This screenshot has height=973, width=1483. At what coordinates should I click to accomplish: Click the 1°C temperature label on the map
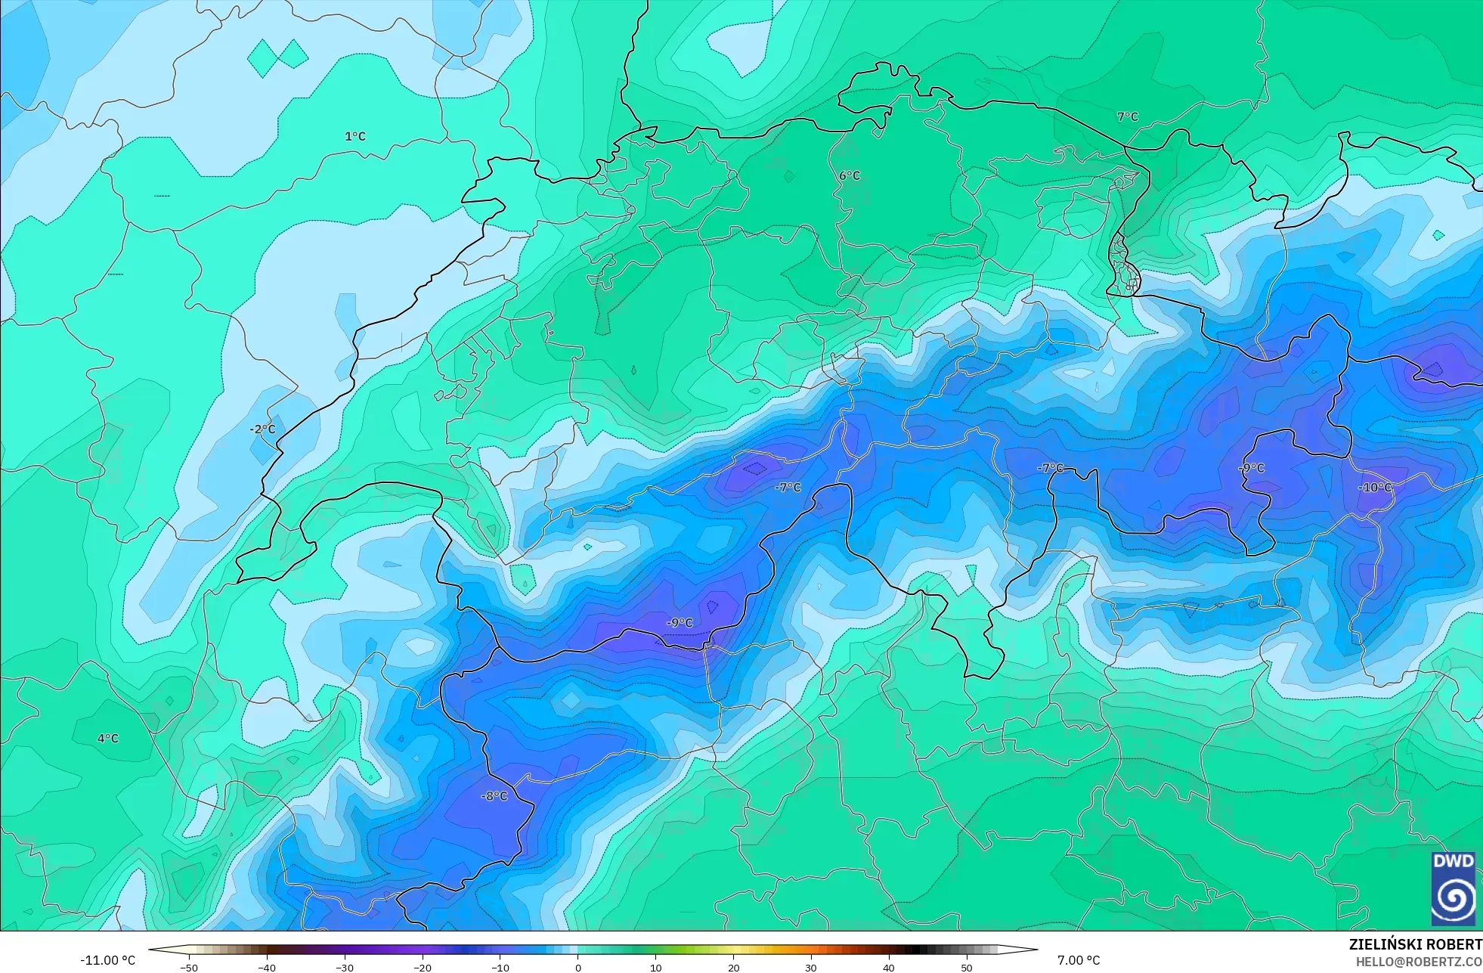[x=355, y=137]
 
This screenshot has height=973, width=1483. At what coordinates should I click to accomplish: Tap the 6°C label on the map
[x=850, y=175]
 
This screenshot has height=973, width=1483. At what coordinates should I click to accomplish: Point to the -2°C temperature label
[x=262, y=429]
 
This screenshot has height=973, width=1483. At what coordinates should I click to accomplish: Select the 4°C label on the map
[x=108, y=739]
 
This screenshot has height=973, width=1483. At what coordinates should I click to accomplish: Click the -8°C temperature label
[x=494, y=796]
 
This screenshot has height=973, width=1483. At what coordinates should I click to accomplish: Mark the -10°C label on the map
[x=1375, y=488]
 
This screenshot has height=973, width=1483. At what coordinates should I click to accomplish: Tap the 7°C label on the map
[x=1128, y=117]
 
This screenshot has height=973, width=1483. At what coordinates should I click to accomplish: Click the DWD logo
[x=1453, y=888]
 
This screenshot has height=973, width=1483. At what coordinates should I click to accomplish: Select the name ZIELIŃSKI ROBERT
[x=1415, y=945]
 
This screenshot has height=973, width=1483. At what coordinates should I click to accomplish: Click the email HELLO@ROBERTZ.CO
[x=1418, y=962]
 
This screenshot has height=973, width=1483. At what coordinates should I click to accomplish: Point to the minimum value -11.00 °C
[x=108, y=960]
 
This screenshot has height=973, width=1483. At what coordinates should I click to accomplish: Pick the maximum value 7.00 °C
[x=1079, y=960]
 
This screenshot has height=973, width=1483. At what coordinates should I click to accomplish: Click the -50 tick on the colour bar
[x=189, y=968]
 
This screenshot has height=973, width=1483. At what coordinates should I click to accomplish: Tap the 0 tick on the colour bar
[x=578, y=968]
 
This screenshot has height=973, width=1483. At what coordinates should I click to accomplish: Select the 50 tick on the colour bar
[x=967, y=968]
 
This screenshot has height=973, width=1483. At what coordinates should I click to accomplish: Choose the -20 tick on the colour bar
[x=423, y=968]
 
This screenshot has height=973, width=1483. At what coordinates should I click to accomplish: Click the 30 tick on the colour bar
[x=811, y=968]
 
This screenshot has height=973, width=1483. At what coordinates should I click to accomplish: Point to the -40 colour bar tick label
[x=267, y=968]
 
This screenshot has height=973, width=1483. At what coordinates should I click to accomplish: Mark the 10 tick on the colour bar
[x=655, y=968]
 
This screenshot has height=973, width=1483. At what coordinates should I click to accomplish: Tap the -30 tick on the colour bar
[x=345, y=968]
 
